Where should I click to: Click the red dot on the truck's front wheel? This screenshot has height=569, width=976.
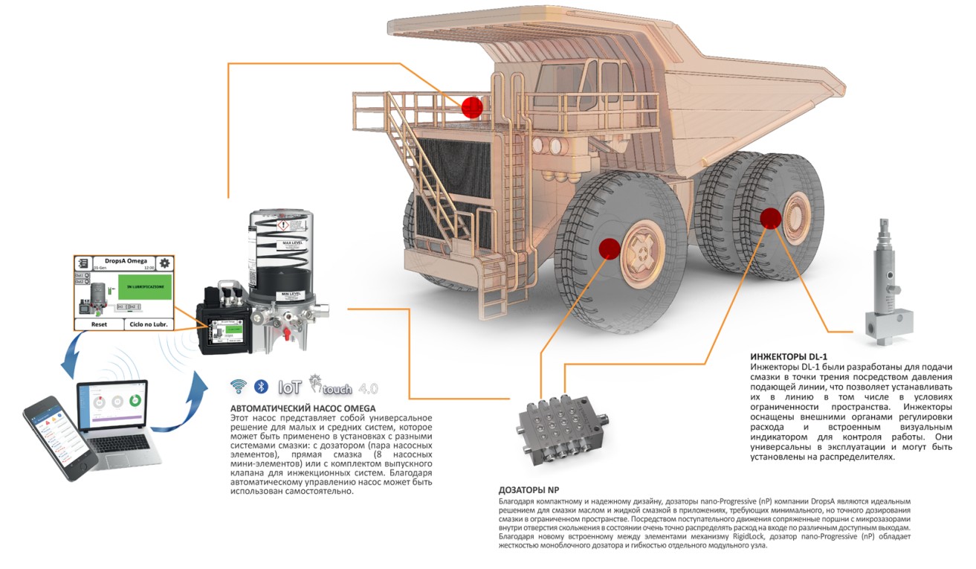(x=610, y=248)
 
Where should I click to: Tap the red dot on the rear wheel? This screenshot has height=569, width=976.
(x=770, y=218)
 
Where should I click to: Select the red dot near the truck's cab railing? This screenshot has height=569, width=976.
(x=472, y=107)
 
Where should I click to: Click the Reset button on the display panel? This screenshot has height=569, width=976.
(x=99, y=324)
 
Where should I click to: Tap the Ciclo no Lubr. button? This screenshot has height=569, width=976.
(x=148, y=324)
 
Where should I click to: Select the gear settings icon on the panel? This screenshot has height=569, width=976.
(x=164, y=263)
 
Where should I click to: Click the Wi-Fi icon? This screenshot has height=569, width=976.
(x=238, y=386)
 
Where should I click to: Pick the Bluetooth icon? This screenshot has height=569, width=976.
(x=260, y=386)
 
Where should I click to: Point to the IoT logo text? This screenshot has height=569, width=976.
(x=289, y=387)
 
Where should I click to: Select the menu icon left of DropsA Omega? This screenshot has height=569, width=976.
(x=84, y=263)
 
